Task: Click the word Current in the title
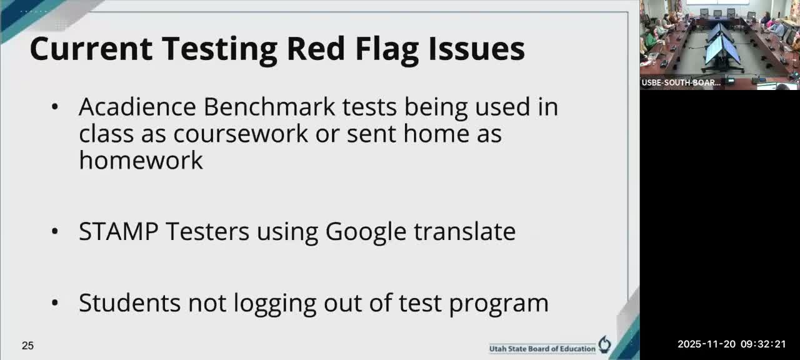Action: (90, 49)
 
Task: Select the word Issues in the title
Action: (476, 49)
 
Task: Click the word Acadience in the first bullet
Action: (137, 107)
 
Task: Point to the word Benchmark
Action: (269, 107)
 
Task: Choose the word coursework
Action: (241, 133)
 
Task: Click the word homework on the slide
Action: (141, 160)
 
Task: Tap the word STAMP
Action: (118, 231)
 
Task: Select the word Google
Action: (366, 232)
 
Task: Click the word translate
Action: (464, 231)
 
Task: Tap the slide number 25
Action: (27, 346)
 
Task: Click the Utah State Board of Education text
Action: (542, 348)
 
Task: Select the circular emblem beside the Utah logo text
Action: (604, 344)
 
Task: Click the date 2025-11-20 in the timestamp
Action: (706, 344)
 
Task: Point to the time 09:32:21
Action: (763, 344)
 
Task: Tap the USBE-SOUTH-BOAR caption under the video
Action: (681, 82)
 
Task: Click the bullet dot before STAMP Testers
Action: (55, 232)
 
